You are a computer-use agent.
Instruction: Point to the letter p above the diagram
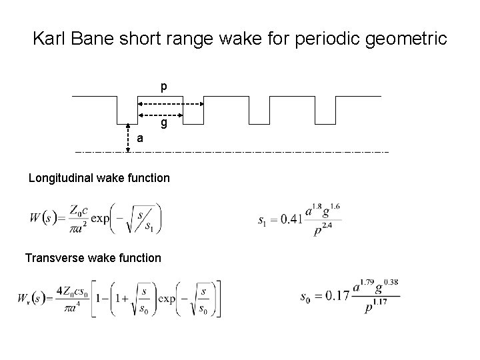click(x=163, y=87)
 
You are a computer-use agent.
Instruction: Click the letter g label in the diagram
click(x=163, y=123)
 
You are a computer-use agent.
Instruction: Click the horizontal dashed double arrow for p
click(x=170, y=105)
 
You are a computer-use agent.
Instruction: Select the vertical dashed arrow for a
click(x=128, y=138)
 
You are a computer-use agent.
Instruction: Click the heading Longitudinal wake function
click(x=99, y=179)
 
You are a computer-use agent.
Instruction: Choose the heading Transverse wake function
click(x=93, y=257)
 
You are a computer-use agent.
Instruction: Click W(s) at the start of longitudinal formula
click(x=43, y=217)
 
